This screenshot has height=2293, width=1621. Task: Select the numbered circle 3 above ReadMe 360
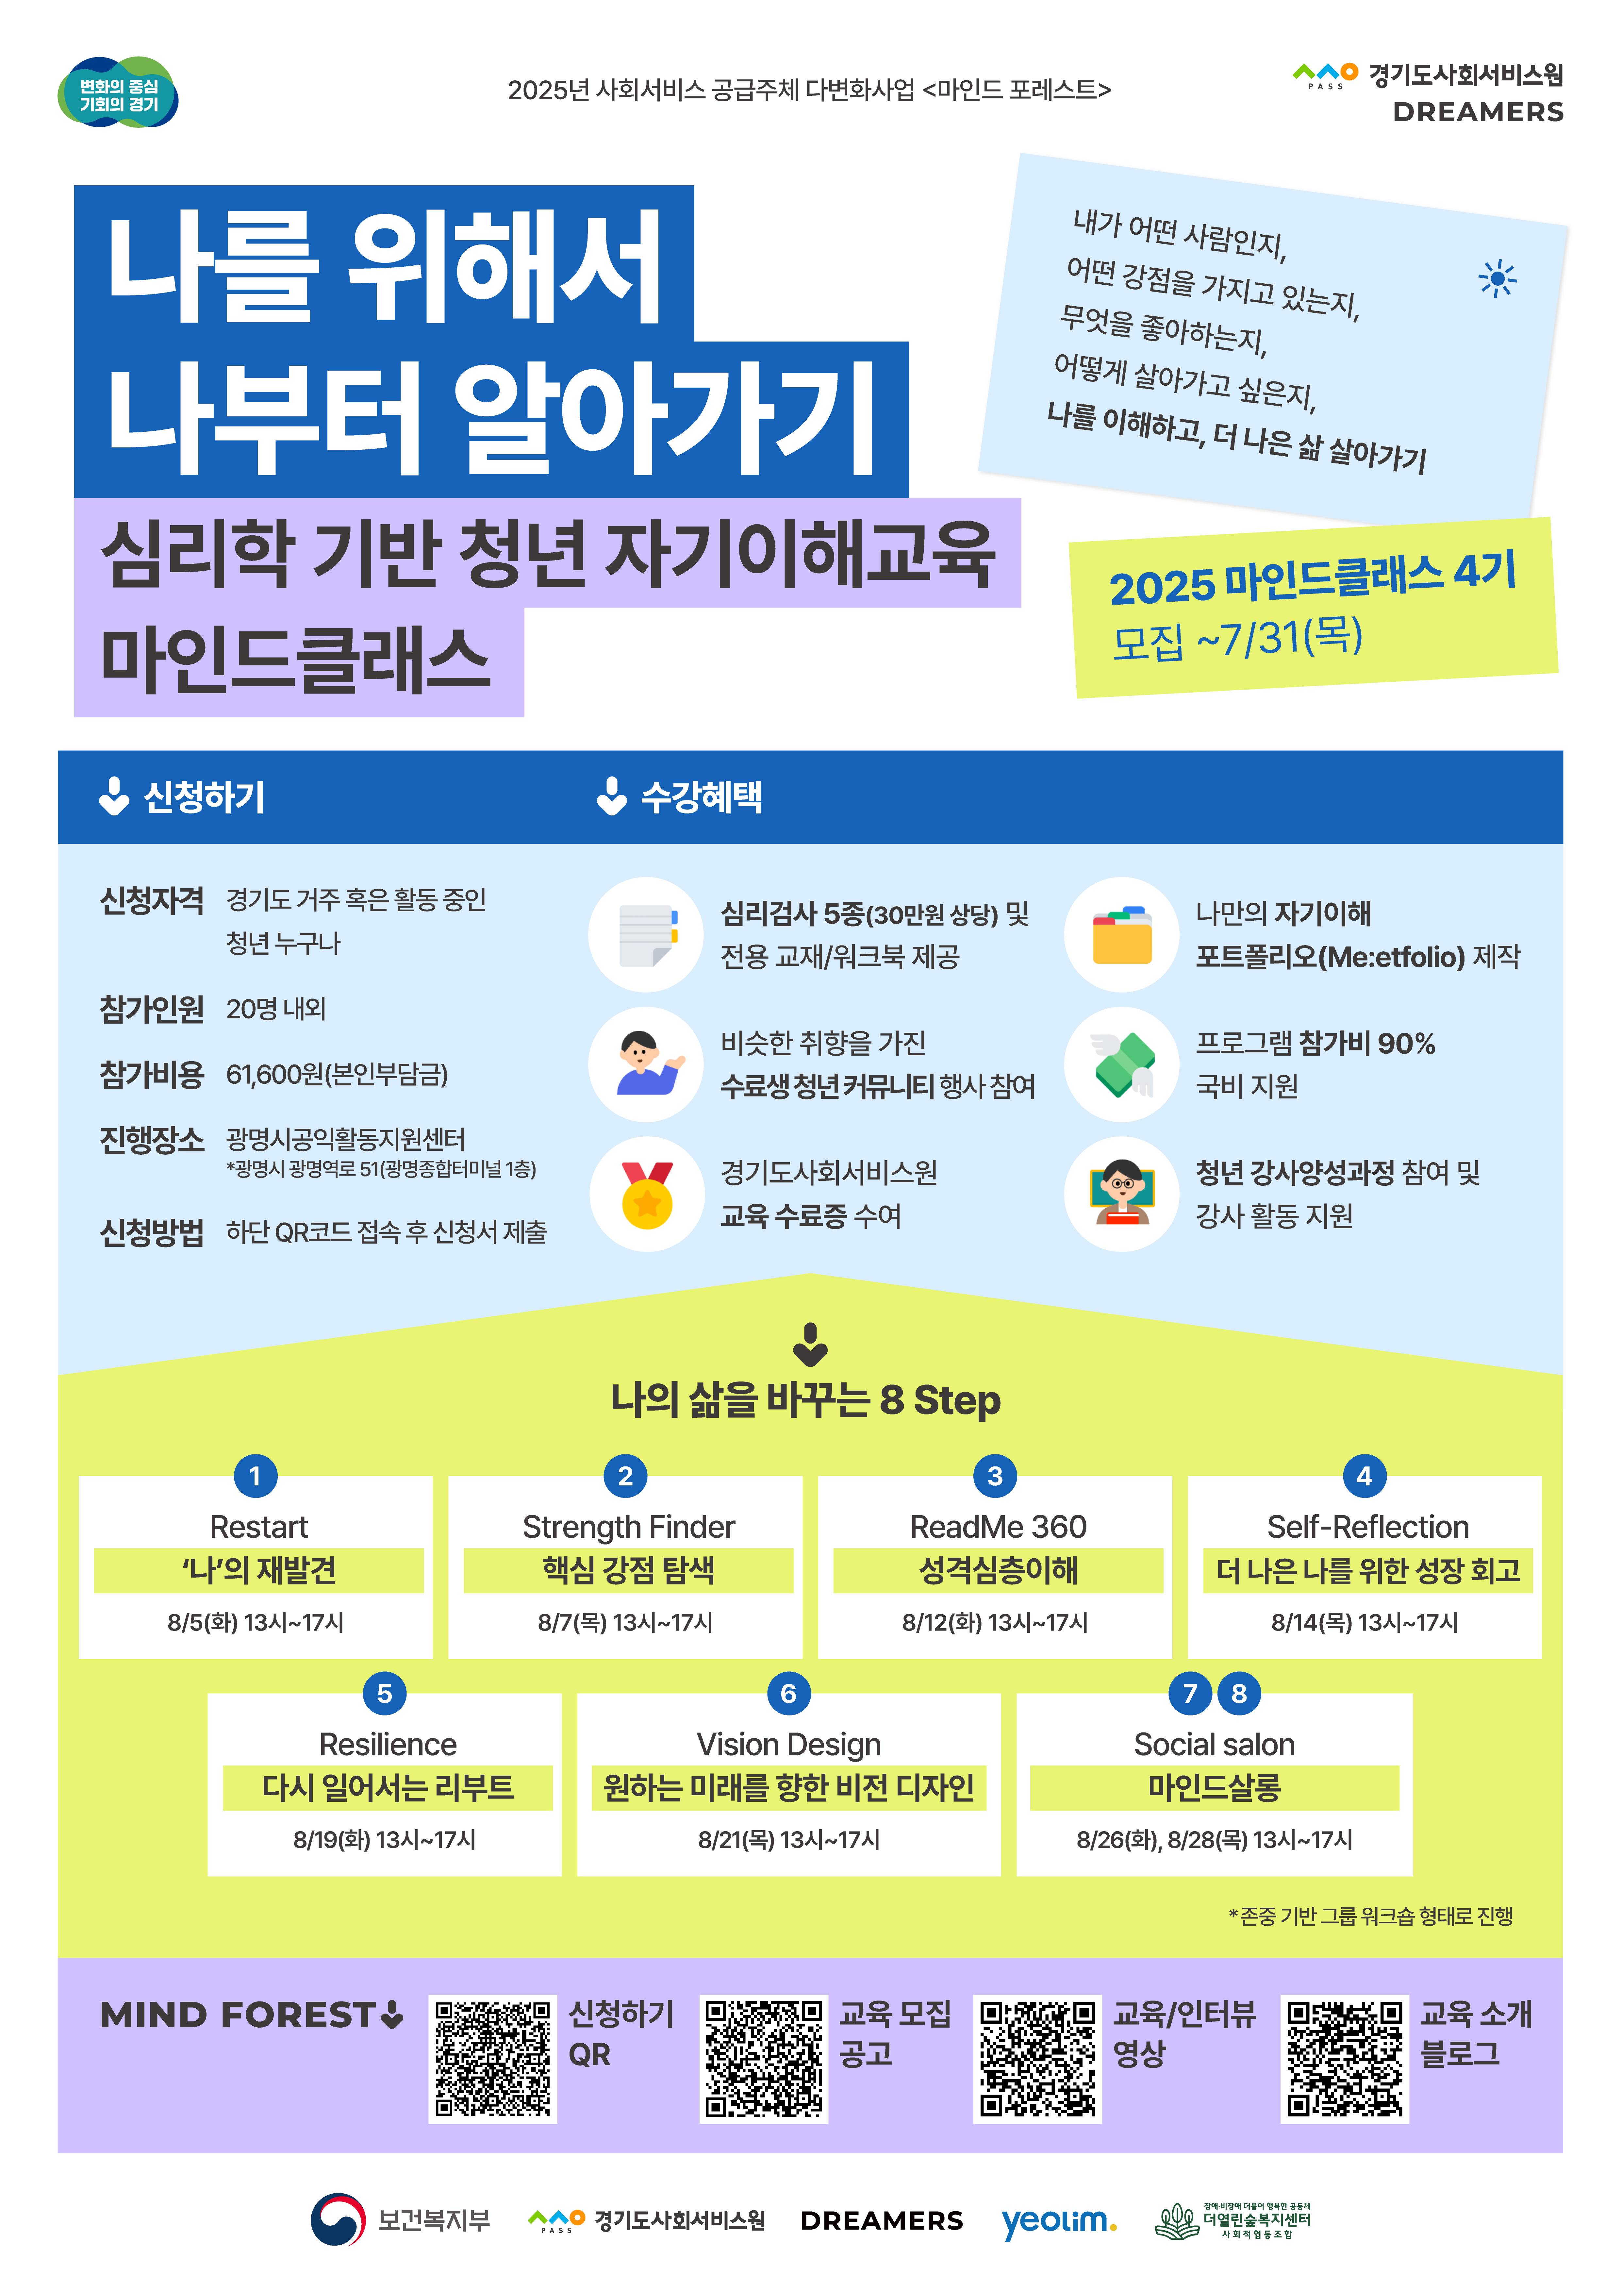coord(995,1476)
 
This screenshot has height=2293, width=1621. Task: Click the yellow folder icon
coord(1122,936)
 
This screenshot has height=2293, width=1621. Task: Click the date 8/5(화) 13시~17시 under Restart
coord(256,1622)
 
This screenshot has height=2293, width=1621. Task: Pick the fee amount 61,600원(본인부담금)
coord(337,1075)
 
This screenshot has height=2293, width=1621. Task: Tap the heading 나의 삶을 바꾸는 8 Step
coord(805,1400)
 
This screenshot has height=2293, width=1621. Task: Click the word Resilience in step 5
coord(388,1744)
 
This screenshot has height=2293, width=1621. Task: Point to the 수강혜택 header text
coord(701,797)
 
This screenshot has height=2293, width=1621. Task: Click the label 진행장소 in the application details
coord(152,1140)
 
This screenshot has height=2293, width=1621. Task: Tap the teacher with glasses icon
coord(1122,1194)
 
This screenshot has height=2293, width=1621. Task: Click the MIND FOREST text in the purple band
coord(238,2016)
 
